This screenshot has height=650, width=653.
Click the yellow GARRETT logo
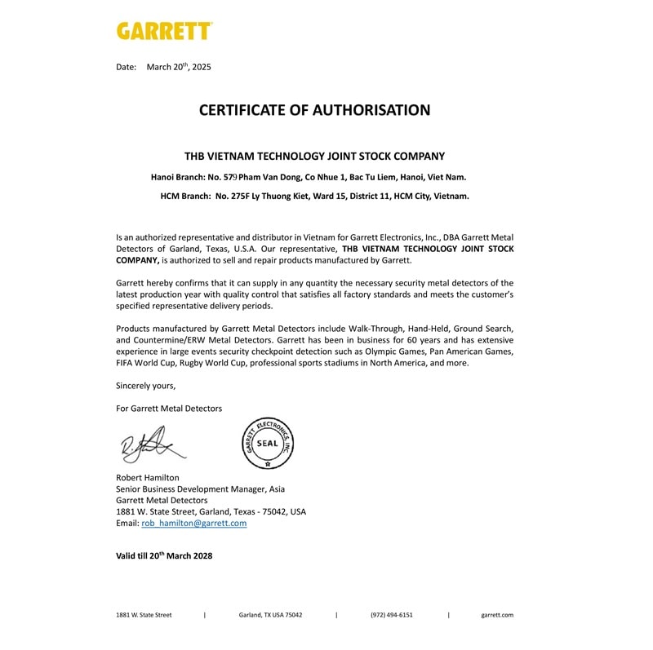tap(164, 31)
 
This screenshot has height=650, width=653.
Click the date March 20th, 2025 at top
tap(178, 67)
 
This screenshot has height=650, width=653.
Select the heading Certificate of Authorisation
tap(314, 110)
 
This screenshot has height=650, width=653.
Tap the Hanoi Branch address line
tap(309, 176)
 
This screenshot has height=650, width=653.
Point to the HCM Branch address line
tap(314, 196)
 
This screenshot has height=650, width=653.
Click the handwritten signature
tap(152, 445)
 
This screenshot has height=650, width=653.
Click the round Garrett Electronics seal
tap(268, 443)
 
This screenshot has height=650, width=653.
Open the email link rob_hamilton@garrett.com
tap(193, 523)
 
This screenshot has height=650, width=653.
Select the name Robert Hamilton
tap(148, 477)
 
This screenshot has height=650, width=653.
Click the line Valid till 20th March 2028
tap(164, 555)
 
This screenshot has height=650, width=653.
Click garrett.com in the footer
tap(497, 615)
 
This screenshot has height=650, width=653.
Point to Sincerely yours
tap(145, 386)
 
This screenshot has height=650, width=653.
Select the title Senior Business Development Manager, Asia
tap(200, 489)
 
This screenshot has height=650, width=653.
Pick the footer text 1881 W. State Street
tap(144, 615)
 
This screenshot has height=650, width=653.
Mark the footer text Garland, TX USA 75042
tap(270, 615)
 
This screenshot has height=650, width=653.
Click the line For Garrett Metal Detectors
tap(169, 408)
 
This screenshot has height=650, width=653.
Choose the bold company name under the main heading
tap(314, 156)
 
